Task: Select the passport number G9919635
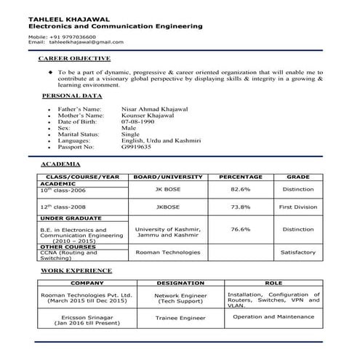click(x=136, y=146)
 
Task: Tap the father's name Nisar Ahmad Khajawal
click(x=155, y=108)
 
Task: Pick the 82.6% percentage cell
click(x=240, y=189)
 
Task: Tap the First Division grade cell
click(x=298, y=207)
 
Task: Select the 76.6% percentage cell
click(x=240, y=229)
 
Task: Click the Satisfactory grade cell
click(x=298, y=252)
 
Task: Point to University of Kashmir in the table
click(x=167, y=229)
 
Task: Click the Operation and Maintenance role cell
click(x=273, y=317)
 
